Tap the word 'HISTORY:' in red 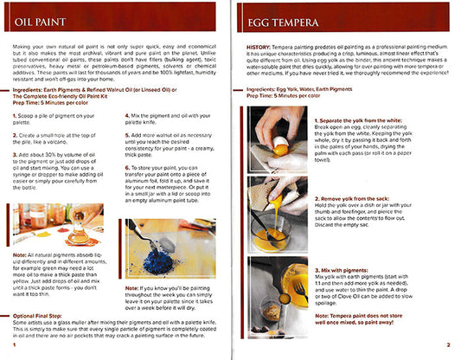tap(262, 48)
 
